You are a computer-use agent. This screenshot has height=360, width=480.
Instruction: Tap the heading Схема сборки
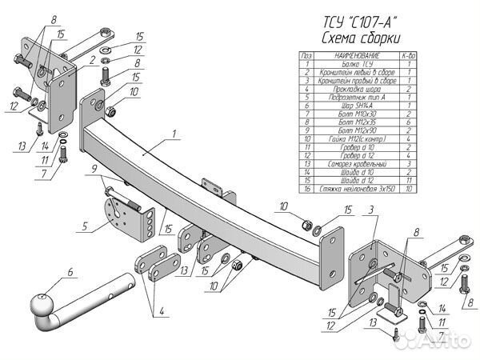(x=360, y=39)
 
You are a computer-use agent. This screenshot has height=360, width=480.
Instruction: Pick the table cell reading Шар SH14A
(x=355, y=105)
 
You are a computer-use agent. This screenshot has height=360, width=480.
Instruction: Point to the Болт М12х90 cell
(x=355, y=129)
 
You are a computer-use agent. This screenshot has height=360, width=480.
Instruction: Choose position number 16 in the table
(x=305, y=190)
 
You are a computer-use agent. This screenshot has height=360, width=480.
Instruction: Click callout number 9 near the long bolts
(x=94, y=169)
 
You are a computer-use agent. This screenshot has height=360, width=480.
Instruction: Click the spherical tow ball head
(x=41, y=306)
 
